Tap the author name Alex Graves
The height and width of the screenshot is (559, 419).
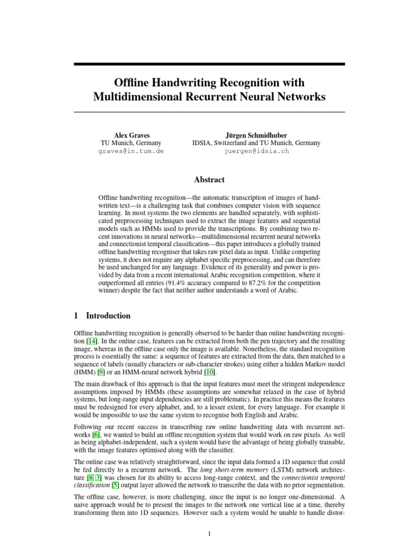click(x=131, y=135)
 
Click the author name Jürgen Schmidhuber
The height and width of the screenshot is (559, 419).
click(x=256, y=135)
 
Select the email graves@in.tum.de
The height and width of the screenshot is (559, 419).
click(x=131, y=151)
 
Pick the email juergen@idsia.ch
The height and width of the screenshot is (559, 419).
click(x=256, y=151)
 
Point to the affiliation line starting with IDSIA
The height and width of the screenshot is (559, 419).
click(x=256, y=143)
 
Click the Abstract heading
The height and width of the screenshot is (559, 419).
click(x=209, y=179)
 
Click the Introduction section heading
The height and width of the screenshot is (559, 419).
click(x=108, y=316)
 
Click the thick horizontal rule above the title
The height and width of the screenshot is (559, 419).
click(x=209, y=64)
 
